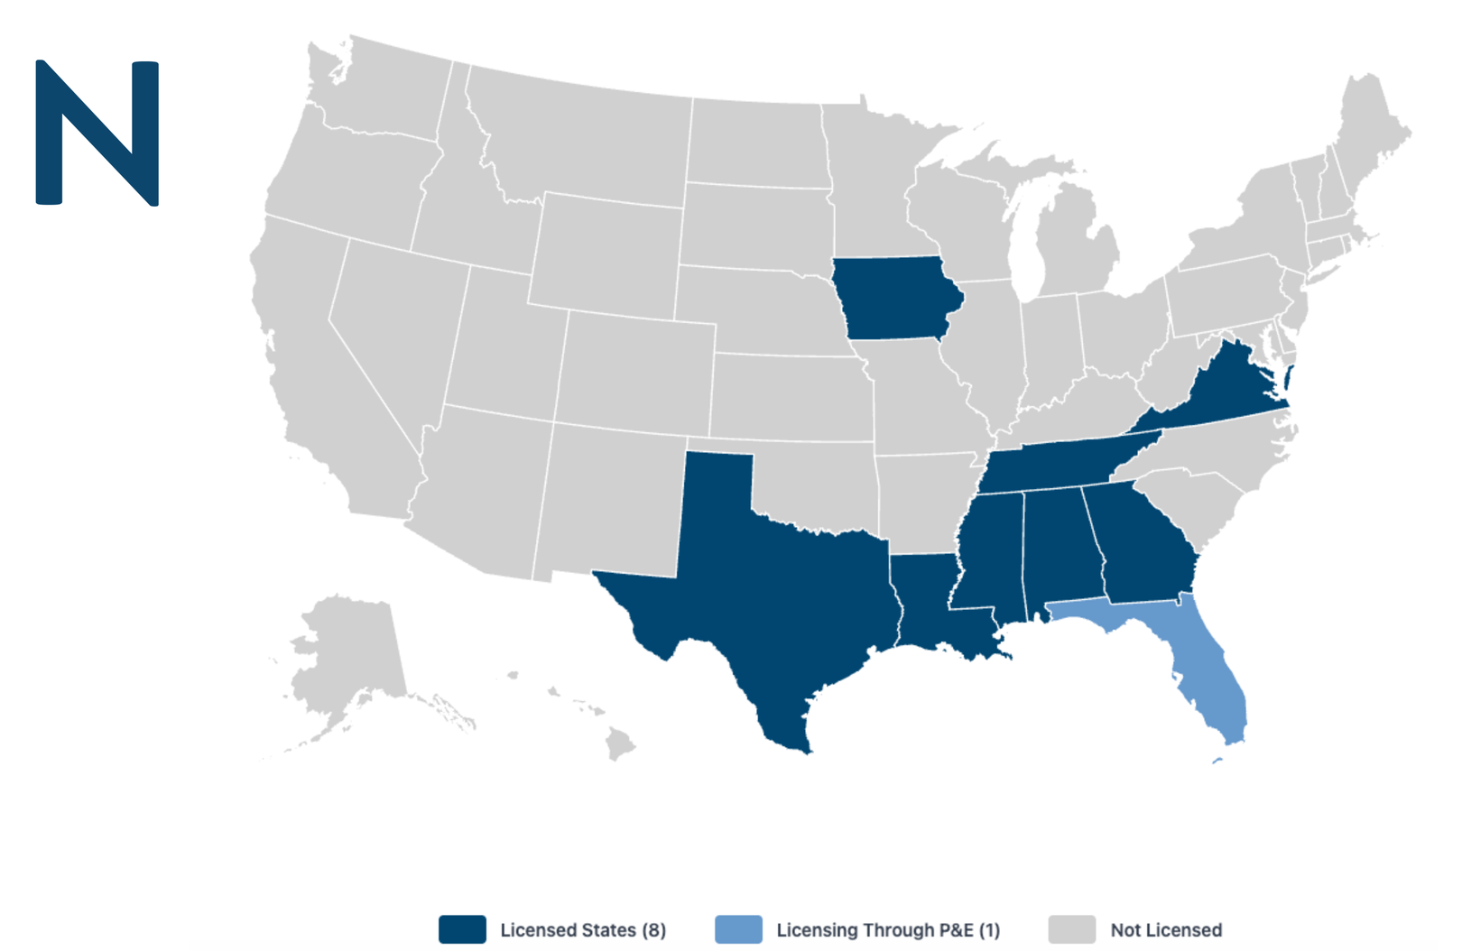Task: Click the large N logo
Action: click(x=97, y=133)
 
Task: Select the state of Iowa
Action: click(x=893, y=298)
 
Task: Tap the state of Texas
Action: click(x=776, y=586)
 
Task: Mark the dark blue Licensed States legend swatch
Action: click(x=462, y=929)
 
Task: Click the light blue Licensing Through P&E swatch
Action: click(x=738, y=929)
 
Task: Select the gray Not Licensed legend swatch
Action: click(x=1072, y=929)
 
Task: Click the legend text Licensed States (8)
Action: click(x=583, y=930)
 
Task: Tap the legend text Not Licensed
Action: click(x=1166, y=930)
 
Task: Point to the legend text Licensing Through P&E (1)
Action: click(x=888, y=930)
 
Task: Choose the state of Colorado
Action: click(x=636, y=370)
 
